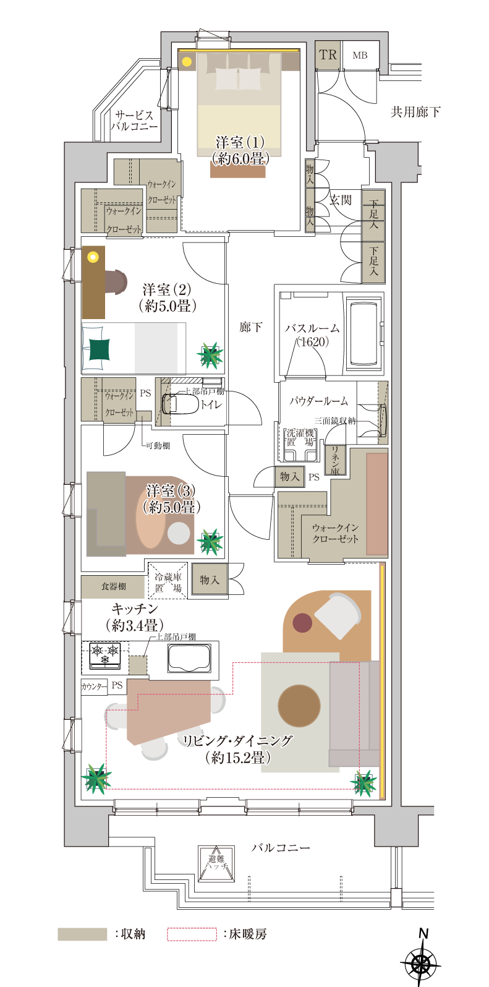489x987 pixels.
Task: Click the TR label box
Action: tap(328, 55)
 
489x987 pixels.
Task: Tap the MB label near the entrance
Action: tap(360, 56)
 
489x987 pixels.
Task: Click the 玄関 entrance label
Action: tap(340, 200)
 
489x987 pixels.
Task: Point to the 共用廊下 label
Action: tap(415, 112)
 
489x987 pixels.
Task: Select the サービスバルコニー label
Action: tap(134, 121)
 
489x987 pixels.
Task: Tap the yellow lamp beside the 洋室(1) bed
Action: tap(187, 61)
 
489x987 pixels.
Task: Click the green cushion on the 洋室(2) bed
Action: tap(99, 349)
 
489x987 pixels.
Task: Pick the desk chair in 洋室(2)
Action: tap(116, 282)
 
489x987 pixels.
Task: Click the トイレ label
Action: tap(211, 404)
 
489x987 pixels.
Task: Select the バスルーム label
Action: tap(312, 334)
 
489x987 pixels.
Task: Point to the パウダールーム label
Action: tap(318, 401)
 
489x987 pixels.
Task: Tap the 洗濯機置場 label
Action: tap(300, 437)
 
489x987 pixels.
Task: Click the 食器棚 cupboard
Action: tap(113, 586)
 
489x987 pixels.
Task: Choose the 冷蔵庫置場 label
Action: tap(168, 582)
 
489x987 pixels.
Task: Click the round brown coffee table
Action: tap(299, 706)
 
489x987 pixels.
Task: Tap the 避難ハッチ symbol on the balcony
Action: tap(216, 863)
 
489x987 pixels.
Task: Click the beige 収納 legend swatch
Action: tap(82, 934)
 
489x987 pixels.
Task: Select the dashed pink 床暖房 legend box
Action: tap(192, 934)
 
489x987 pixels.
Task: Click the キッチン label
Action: tap(135, 617)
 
